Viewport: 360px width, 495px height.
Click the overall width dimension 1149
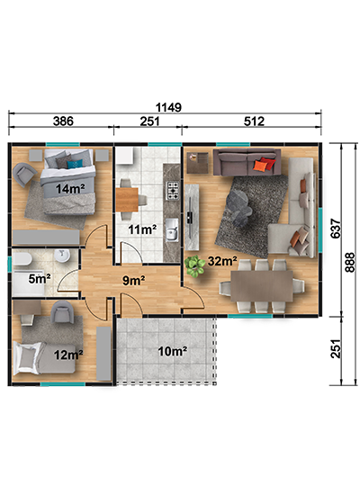point(168,107)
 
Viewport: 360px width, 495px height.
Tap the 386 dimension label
point(63,121)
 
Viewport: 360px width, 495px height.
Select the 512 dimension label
point(254,121)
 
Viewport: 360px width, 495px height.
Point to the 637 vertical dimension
point(336,229)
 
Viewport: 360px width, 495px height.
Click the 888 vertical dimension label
point(350,262)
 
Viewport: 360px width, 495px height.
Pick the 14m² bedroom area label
point(70,189)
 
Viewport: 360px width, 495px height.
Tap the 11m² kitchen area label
point(142,229)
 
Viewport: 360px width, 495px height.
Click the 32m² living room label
point(222,261)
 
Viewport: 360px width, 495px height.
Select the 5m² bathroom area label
point(40,278)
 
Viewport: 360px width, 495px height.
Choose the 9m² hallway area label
point(133,280)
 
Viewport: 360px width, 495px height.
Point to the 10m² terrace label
point(173,351)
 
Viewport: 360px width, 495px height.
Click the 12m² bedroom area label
point(68,355)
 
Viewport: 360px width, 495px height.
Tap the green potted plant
point(194,266)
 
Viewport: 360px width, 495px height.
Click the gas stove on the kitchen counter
point(173,191)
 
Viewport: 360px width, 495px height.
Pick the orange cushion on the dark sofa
point(260,165)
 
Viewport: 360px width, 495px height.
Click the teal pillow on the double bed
point(75,165)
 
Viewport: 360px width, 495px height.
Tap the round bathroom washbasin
point(62,256)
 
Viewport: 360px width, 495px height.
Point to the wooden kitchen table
point(127,200)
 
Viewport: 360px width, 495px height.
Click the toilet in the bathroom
point(22,260)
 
